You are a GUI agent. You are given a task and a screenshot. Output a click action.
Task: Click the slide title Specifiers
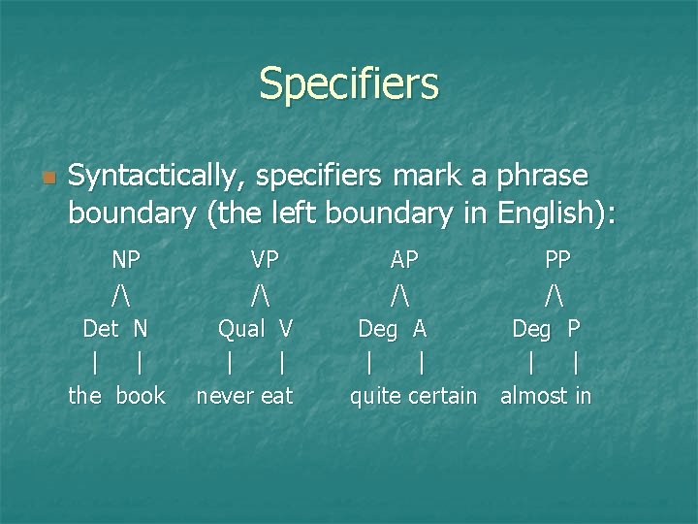[349, 83]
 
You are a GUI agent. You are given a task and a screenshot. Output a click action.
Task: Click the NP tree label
[126, 259]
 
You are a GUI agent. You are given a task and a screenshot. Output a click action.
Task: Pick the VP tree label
[265, 259]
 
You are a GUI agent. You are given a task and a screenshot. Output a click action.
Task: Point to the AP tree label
[404, 259]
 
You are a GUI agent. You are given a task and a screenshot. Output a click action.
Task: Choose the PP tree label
[557, 259]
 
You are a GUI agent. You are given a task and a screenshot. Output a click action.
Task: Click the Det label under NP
[101, 329]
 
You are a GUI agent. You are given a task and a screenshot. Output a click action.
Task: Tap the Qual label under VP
[240, 329]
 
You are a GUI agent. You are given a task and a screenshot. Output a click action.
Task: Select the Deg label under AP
[377, 329]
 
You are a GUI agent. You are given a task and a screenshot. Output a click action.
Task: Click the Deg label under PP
[530, 329]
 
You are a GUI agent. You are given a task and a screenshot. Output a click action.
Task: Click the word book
[141, 396]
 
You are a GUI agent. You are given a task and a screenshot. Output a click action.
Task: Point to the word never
[224, 396]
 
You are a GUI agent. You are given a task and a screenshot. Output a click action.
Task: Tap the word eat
[275, 396]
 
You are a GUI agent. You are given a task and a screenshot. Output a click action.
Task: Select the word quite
[374, 396]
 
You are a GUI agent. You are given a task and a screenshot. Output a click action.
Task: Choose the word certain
[441, 396]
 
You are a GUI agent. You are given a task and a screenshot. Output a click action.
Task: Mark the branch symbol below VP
[260, 293]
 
